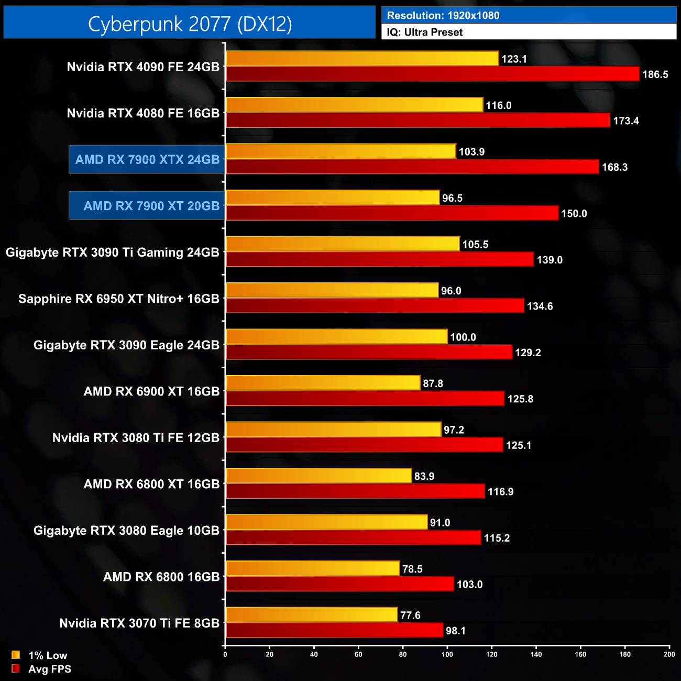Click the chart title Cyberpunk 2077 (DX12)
[x=190, y=24]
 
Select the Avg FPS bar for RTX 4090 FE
[x=432, y=74]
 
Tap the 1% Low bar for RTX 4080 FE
[x=354, y=105]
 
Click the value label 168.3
[x=614, y=167]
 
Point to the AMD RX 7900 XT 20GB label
[x=151, y=206]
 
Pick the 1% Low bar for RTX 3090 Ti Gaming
[x=343, y=244]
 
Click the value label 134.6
[x=540, y=306]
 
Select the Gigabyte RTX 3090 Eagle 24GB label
[x=126, y=345]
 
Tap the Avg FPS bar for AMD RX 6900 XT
[x=365, y=399]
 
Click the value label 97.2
[x=454, y=430]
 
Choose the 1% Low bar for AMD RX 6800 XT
[x=318, y=476]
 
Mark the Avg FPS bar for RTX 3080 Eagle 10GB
[x=353, y=537]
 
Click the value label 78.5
[x=412, y=569]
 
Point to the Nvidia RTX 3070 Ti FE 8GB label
[x=139, y=623]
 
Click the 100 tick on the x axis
[x=447, y=654]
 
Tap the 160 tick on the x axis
[x=580, y=654]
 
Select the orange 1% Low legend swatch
[x=16, y=655]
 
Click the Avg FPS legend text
[x=50, y=669]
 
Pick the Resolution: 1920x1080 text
[x=443, y=16]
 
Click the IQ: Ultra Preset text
[x=425, y=32]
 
